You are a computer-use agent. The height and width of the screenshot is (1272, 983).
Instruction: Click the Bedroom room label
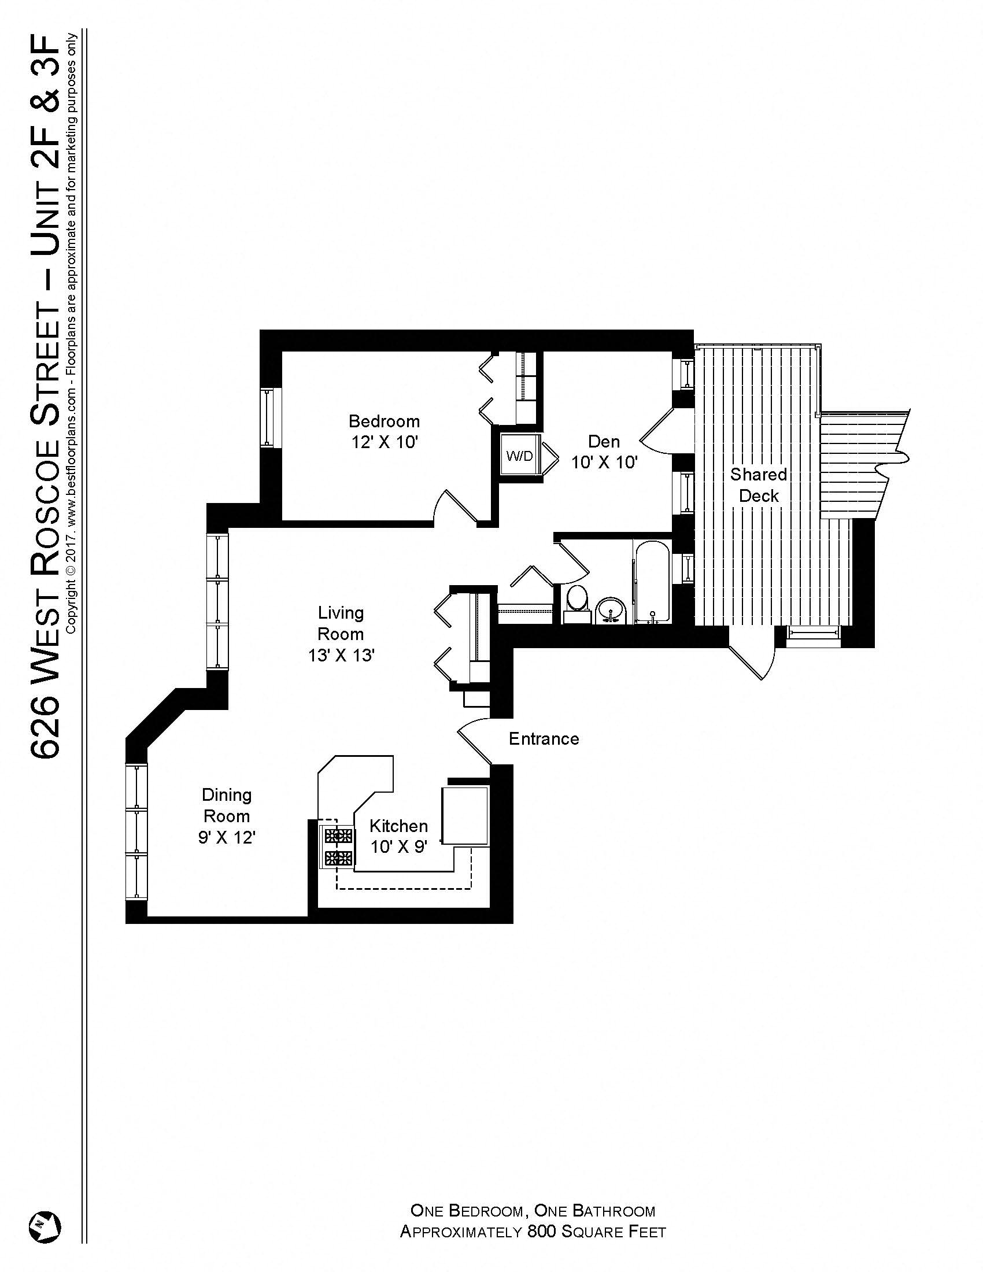pos(384,420)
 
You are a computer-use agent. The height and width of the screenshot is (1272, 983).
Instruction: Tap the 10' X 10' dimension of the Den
pos(604,463)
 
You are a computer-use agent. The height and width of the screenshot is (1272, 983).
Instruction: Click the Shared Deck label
pos(758,485)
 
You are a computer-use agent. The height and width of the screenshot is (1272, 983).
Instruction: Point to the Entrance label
pos(544,739)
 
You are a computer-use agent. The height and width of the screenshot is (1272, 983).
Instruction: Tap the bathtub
pos(652,582)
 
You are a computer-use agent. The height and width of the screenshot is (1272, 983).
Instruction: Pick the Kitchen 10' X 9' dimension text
pos(399,847)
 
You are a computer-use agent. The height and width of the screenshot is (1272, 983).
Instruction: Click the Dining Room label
pos(227,805)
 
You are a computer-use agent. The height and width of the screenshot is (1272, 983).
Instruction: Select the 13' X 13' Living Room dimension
pos(341,656)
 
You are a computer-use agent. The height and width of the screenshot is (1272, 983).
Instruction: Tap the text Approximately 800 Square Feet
pos(532,1232)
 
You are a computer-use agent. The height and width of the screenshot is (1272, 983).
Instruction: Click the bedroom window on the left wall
pos(271,417)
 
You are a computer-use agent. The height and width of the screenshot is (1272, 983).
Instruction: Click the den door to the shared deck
pos(658,431)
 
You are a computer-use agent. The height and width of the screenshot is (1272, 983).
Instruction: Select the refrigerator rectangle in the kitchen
pos(465,815)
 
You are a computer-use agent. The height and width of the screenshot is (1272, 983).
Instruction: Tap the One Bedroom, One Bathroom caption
pos(532,1211)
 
